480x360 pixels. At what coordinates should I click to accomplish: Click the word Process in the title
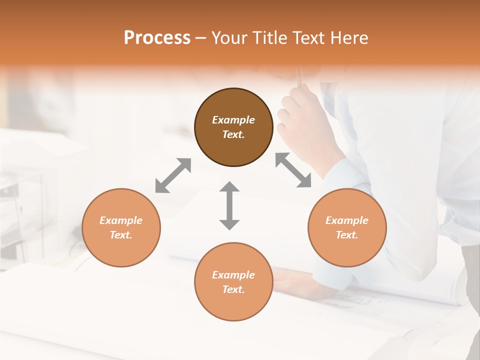coord(157,38)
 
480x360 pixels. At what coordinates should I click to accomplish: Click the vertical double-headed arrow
coord(229,205)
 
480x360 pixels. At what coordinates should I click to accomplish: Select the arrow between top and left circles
coord(173,175)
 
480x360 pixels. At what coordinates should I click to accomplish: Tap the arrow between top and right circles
coord(293,170)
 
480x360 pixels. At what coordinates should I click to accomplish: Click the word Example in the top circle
coord(233,120)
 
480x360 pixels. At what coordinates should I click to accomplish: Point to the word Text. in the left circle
coord(121,235)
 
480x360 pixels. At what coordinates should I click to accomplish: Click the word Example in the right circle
coord(347,220)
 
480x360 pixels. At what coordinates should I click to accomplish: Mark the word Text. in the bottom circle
coord(233,289)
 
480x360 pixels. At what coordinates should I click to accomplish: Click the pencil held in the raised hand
coord(299,77)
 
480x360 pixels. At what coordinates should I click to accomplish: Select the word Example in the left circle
coord(121,220)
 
